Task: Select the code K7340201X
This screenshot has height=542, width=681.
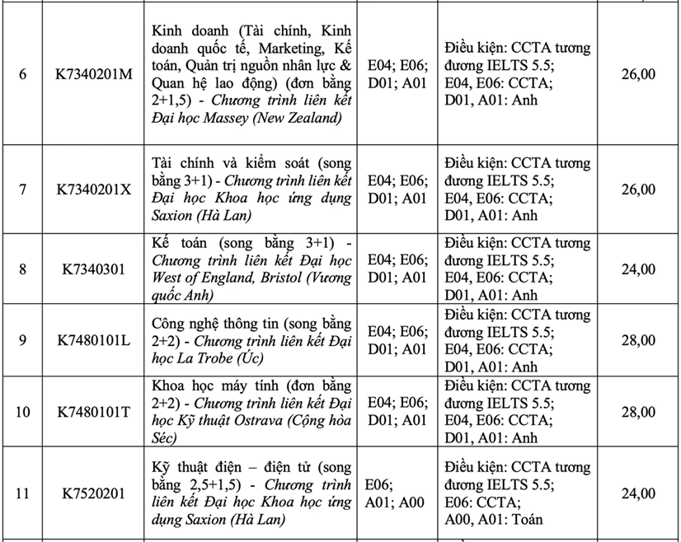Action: point(93,189)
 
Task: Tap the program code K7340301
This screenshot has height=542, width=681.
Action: point(93,269)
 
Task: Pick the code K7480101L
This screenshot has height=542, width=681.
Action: point(93,340)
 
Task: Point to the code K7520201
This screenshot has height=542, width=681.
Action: point(93,493)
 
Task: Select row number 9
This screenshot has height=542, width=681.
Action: point(22,340)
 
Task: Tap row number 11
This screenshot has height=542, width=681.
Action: point(22,493)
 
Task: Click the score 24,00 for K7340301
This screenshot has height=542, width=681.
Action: point(637,269)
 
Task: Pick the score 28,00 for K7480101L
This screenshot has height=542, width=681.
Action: point(637,340)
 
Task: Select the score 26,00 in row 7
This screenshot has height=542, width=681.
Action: point(637,189)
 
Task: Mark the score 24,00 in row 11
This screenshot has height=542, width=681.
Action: point(637,493)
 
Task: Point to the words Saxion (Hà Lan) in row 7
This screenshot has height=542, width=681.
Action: point(202,216)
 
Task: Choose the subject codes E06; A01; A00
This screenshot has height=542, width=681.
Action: point(397,493)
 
